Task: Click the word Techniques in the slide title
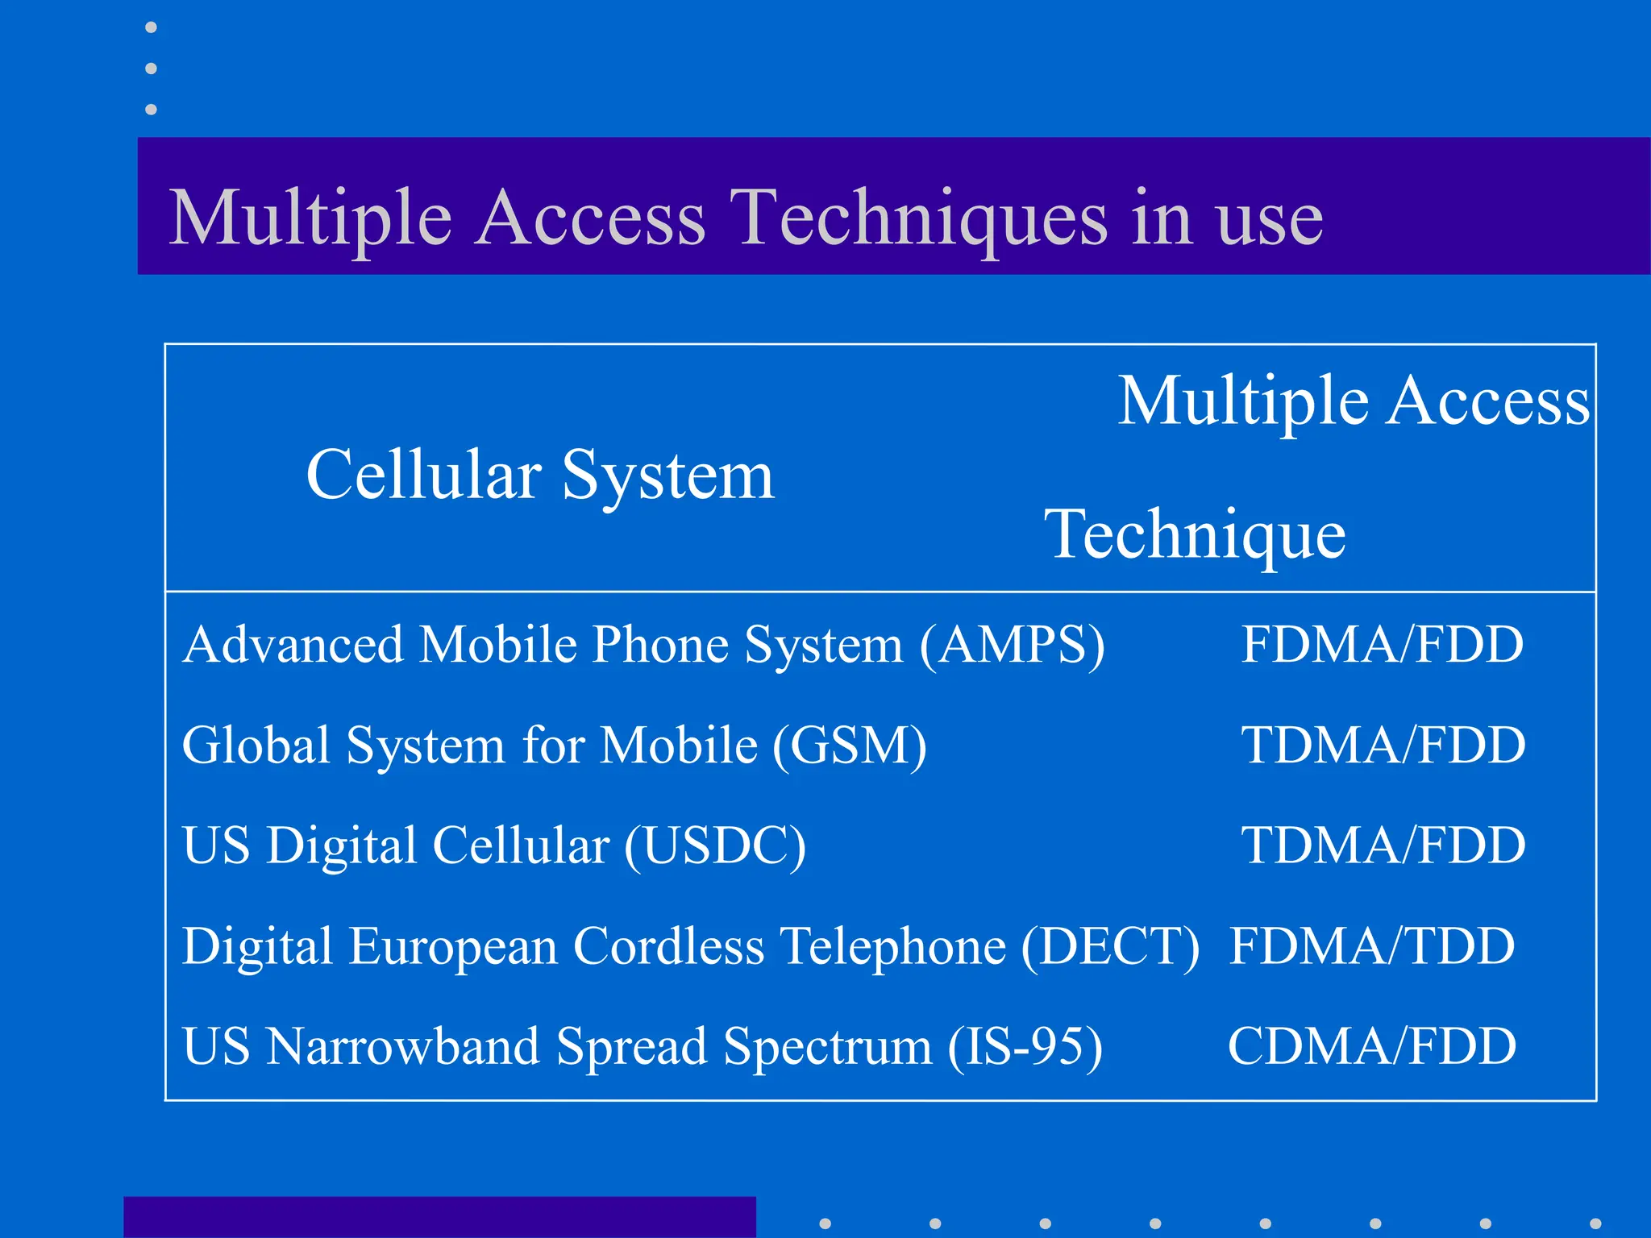[x=918, y=218]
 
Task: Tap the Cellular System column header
[x=540, y=475]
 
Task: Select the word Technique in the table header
[x=1195, y=534]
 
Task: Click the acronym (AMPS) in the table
[x=1012, y=645]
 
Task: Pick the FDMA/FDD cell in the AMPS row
[x=1382, y=645]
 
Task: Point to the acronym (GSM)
[x=850, y=745]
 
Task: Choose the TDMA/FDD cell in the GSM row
[x=1383, y=745]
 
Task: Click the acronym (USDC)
[x=714, y=845]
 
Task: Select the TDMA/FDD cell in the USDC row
[x=1383, y=845]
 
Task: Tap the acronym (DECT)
[x=1110, y=945]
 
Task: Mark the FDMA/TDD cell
[x=1371, y=945]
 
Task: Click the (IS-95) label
[x=1025, y=1046]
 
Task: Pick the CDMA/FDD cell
[x=1371, y=1046]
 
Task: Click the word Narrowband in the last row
[x=403, y=1046]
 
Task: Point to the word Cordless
[x=668, y=945]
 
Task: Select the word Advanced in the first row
[x=293, y=645]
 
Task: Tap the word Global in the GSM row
[x=256, y=745]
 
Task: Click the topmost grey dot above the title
[x=151, y=27]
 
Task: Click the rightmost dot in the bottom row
[x=1595, y=1223]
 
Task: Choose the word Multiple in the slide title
[x=310, y=218]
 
